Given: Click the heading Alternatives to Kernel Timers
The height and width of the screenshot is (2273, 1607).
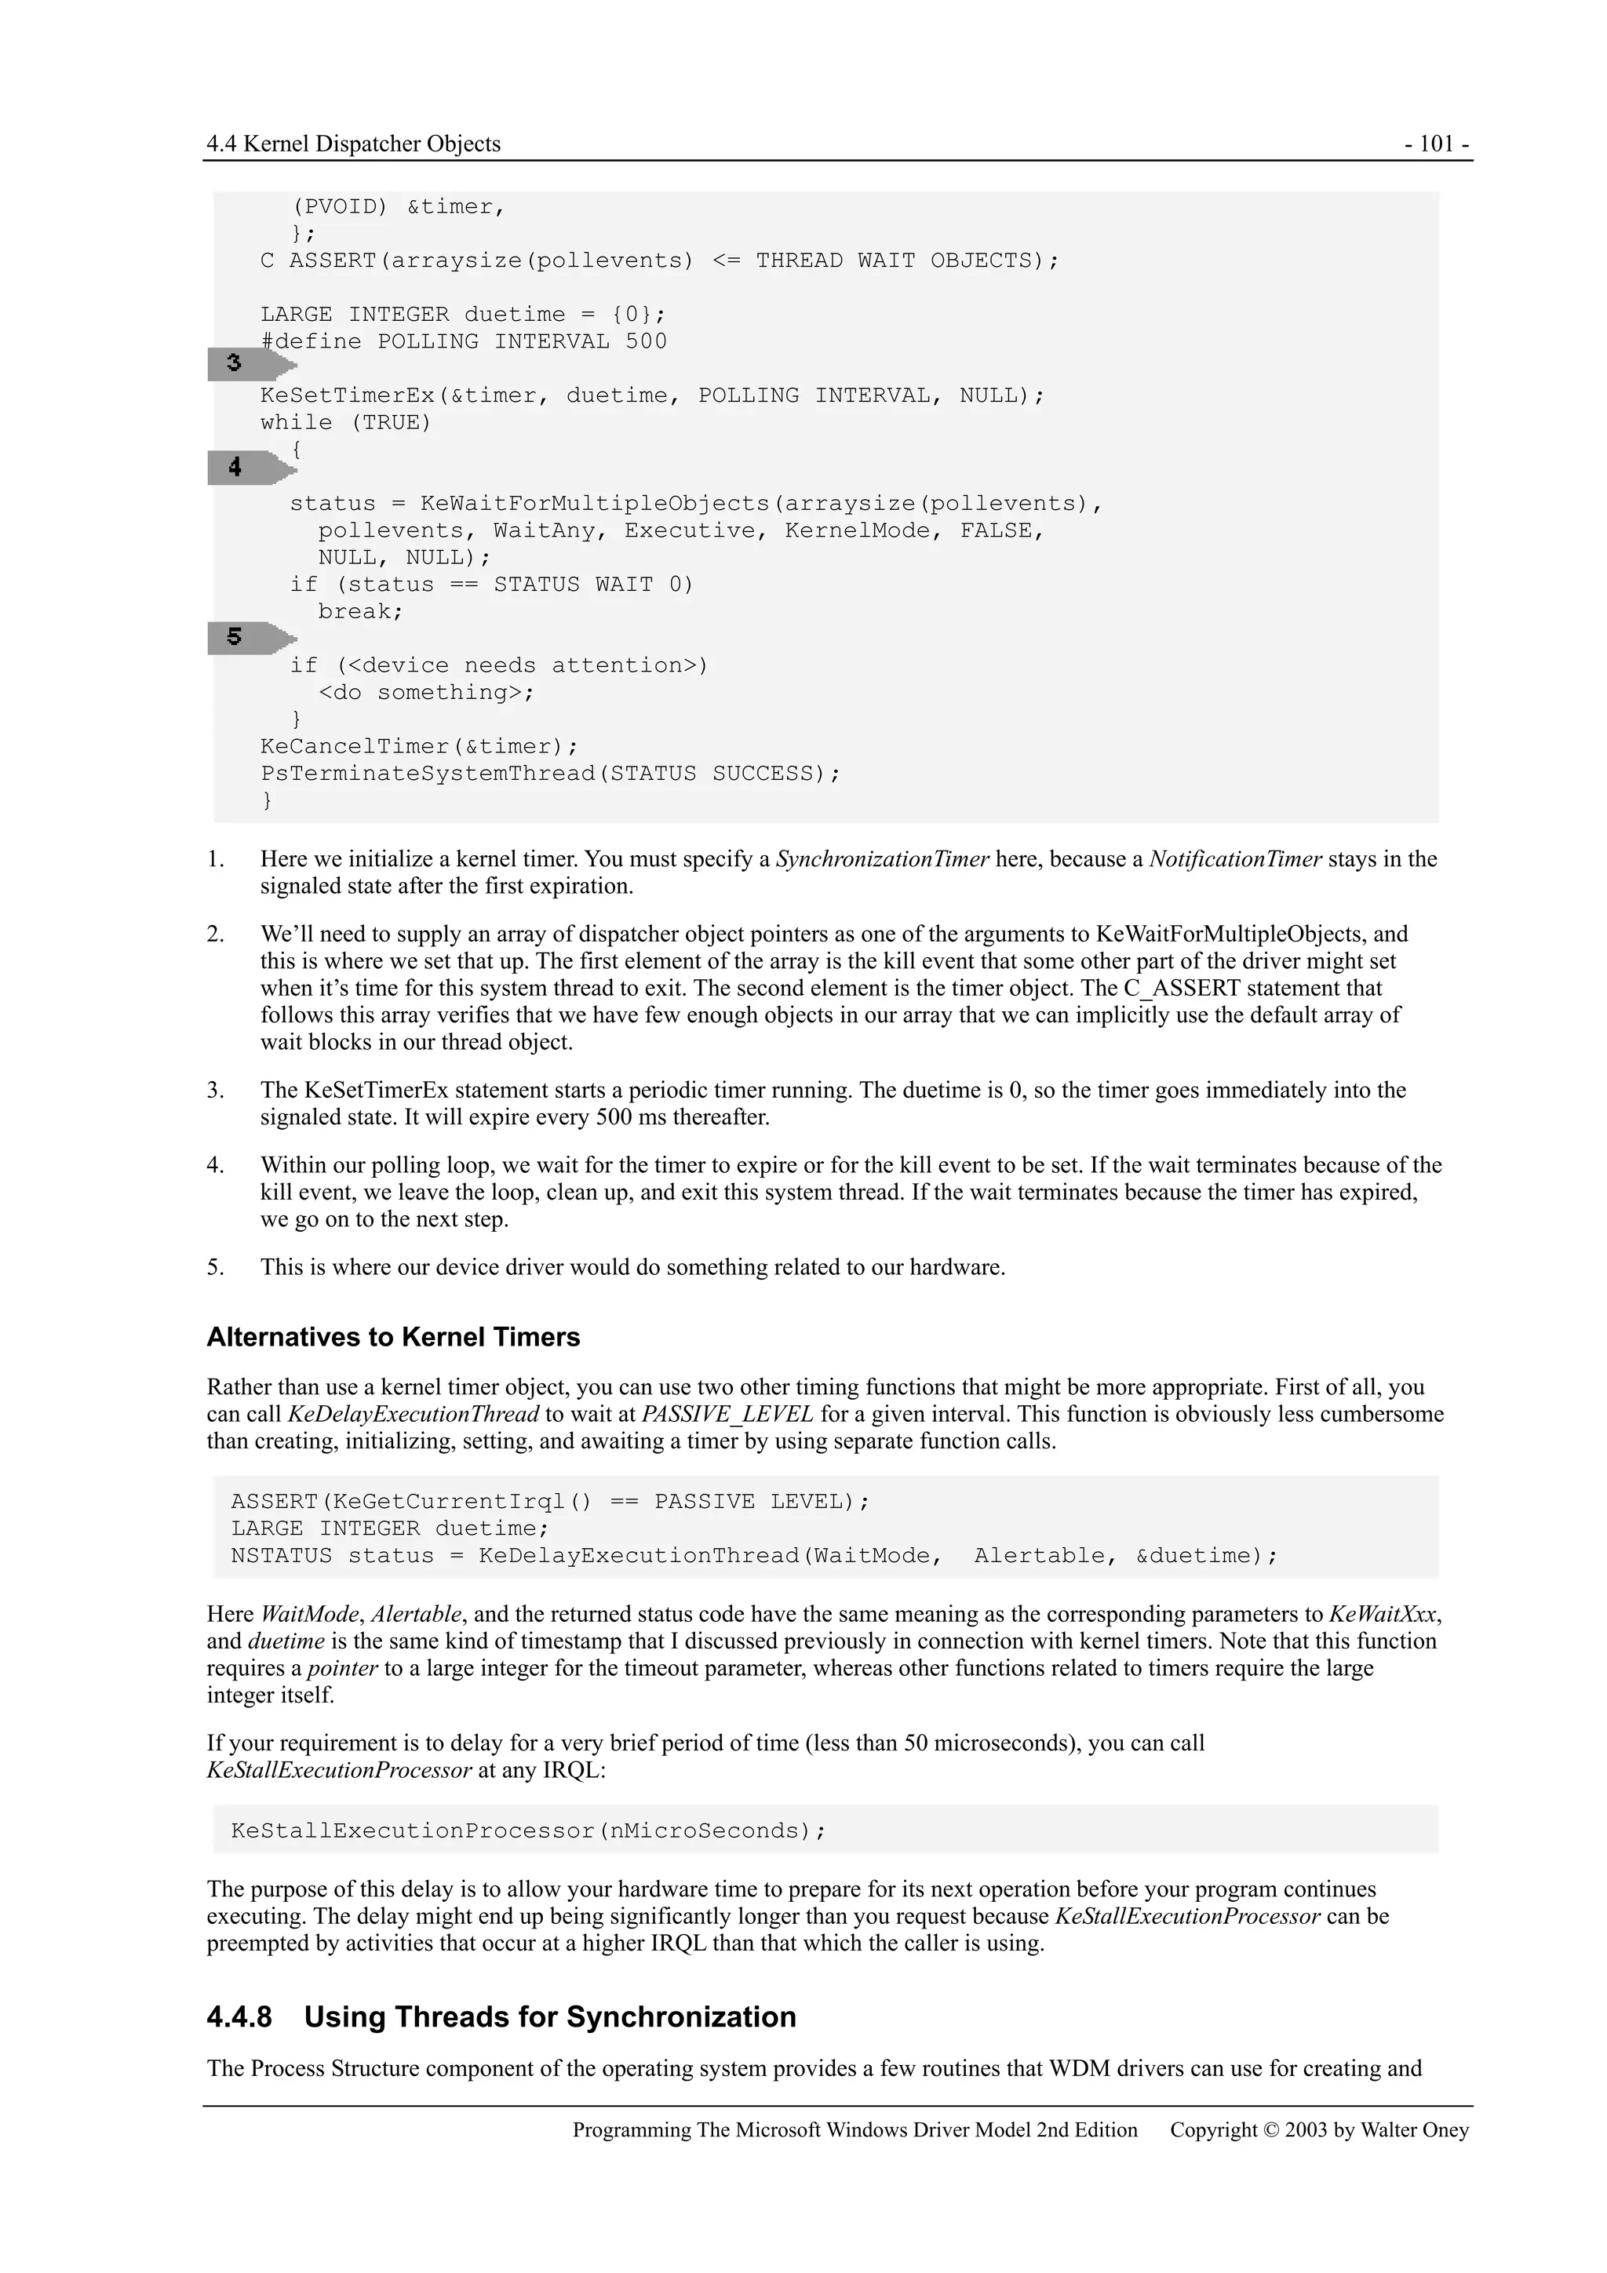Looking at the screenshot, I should (393, 1338).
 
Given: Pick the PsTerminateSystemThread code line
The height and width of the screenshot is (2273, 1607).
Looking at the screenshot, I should (549, 773).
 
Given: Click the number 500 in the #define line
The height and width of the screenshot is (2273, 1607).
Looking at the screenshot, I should (646, 341).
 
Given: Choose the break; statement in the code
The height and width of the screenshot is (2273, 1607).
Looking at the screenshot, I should (360, 612).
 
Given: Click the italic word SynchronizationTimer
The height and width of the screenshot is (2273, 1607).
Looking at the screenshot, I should (882, 859).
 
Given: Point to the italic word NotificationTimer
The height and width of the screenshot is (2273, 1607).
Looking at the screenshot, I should (1235, 859).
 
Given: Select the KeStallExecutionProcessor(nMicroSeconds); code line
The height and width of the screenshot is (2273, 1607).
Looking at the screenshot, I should (528, 1830).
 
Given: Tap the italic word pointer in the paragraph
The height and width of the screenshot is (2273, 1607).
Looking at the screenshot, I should (343, 1668).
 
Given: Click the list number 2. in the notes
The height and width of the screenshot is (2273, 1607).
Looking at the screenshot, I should (217, 934).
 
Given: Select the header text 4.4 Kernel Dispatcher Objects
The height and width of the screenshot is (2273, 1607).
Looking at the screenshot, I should (353, 144).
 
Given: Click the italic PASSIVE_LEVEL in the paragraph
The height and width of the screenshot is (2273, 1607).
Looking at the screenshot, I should (727, 1415).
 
